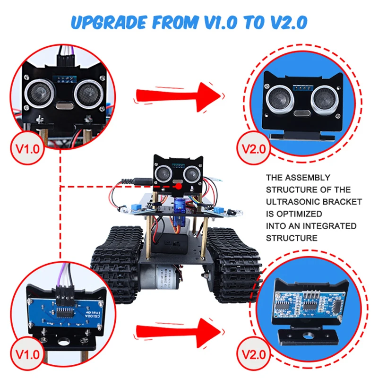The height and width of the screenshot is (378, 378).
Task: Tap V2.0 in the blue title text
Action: (x=286, y=22)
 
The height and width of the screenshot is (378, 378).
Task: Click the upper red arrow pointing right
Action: (x=180, y=94)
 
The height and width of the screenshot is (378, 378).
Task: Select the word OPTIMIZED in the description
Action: (x=297, y=214)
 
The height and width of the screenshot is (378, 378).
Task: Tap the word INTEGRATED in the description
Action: (x=331, y=226)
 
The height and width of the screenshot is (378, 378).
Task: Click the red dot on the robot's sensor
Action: (x=179, y=187)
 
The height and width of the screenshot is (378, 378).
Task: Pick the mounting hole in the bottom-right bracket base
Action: (x=308, y=337)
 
